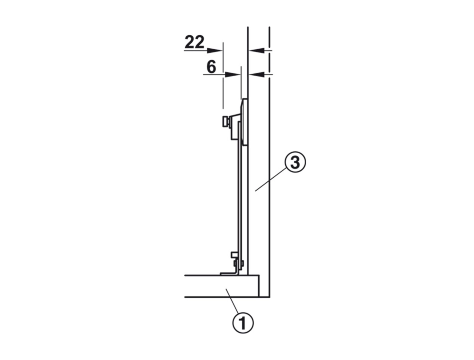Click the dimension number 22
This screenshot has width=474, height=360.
(x=195, y=42)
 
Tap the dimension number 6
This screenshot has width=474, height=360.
(x=212, y=67)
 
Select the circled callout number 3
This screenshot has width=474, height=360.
(x=295, y=162)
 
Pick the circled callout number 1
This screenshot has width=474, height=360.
(x=243, y=323)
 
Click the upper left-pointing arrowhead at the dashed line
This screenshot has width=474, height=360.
(x=257, y=50)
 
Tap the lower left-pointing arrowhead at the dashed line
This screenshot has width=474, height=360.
(x=257, y=74)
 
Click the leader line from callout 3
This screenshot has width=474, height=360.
(x=271, y=180)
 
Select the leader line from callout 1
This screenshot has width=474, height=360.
(x=233, y=301)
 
